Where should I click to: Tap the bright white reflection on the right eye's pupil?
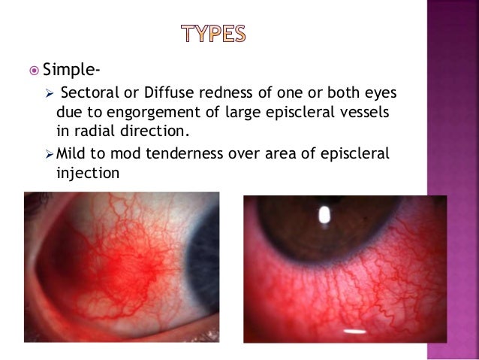click(324, 216)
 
